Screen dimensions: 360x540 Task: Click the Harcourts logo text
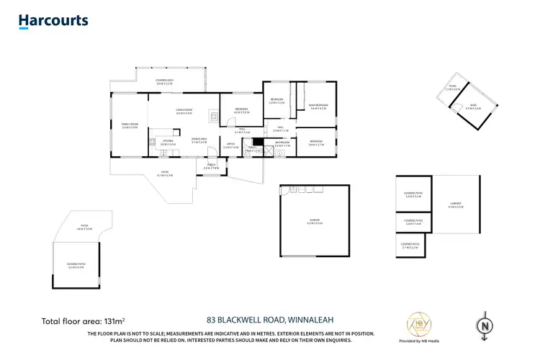[53, 20]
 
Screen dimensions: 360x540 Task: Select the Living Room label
[184, 110]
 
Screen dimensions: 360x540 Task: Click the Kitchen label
[167, 141]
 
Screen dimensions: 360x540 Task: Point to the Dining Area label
[199, 141]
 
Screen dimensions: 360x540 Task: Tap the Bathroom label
[282, 143]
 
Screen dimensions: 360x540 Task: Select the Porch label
[211, 166]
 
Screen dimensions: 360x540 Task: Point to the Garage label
[315, 221]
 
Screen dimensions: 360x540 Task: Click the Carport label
[455, 204]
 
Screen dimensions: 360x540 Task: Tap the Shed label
[473, 105]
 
